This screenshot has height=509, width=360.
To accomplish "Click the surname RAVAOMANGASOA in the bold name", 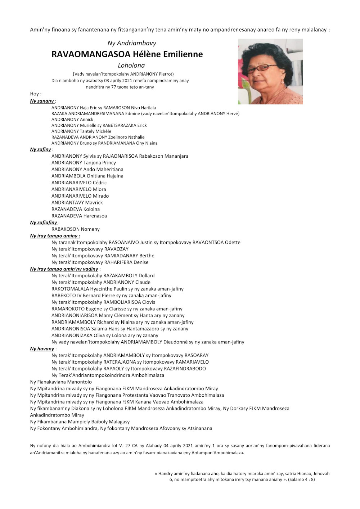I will pos(91,54).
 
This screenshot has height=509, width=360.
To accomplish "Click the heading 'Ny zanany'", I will pos(42,101).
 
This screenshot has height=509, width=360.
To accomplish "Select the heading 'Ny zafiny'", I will pos(40,149).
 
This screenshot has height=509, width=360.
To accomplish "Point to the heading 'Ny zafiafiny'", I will pos(44,222).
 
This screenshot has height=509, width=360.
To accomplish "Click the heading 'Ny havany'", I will pos(42,348).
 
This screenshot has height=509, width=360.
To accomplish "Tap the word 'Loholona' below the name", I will pos(131,66).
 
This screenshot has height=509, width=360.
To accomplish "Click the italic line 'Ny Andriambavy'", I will pos(132,43).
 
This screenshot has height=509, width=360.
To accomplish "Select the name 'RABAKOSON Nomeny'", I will pos(76,229).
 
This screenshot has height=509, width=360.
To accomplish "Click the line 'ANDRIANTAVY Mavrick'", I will pos(77,202).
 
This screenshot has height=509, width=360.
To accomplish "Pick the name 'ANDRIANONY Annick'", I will pos(72,120).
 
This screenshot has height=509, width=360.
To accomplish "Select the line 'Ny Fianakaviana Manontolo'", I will pos(61,382).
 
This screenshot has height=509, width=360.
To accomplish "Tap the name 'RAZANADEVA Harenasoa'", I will pos(79,216).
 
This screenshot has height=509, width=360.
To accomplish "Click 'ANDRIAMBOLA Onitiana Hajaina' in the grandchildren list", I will pos(87,176).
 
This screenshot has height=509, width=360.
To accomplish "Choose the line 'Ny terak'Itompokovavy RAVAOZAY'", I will pos(90,249).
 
